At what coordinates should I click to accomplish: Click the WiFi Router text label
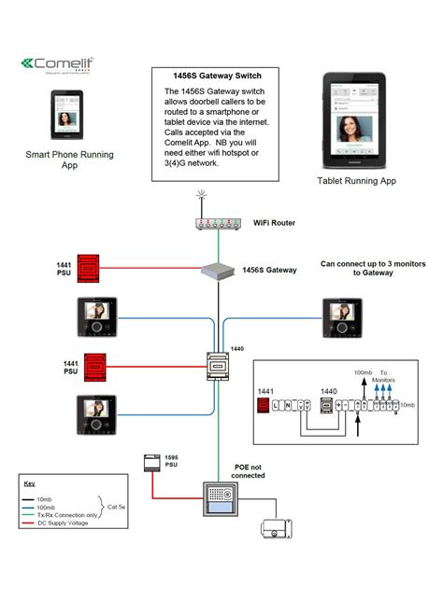[275, 224]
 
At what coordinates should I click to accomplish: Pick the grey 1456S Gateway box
[217, 271]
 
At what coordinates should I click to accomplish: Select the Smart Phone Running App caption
[64, 160]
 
